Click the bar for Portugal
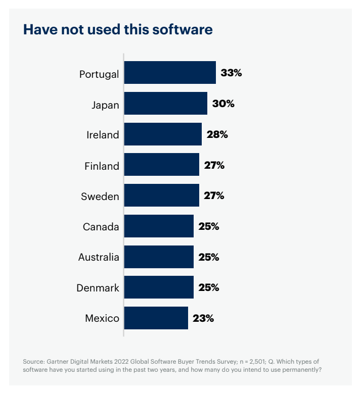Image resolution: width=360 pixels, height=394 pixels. point(170,73)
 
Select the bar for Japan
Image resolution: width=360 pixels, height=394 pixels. point(165,104)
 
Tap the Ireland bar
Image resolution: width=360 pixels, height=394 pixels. point(163,134)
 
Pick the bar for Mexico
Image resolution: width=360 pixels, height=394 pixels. point(156,318)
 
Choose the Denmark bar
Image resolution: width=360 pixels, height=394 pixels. point(159,287)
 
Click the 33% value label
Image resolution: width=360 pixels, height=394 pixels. point(232,73)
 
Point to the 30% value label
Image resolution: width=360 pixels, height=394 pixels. point(223,104)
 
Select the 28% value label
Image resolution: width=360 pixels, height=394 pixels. point(217,134)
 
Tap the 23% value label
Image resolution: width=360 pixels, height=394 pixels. point(203,318)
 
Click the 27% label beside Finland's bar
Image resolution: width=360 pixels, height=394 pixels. point(214,165)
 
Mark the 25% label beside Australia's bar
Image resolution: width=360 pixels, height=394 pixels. point(208,257)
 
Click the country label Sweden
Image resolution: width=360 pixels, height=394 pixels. point(100,196)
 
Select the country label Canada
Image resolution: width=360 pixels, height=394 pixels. point(101,227)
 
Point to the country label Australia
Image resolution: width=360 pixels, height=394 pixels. point(99,258)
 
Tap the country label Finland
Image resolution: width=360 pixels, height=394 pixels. point(102,166)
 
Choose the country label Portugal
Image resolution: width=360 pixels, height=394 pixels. point(99,74)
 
